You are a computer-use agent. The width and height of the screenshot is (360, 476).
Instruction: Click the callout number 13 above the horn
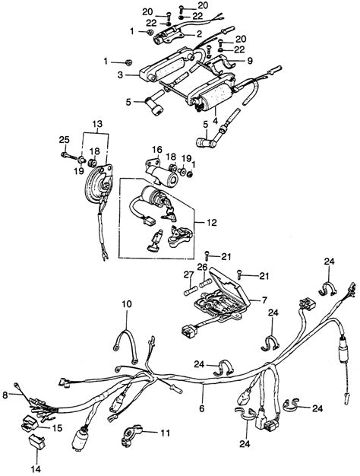(97, 125)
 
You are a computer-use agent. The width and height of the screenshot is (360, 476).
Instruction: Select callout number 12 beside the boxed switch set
(212, 223)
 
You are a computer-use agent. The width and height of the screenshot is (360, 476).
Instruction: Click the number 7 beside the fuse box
(264, 300)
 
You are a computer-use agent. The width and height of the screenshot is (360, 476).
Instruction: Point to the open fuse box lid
(230, 286)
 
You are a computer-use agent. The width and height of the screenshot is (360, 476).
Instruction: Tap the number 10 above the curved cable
(127, 304)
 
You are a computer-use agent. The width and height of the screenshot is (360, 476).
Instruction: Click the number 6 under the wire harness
(202, 408)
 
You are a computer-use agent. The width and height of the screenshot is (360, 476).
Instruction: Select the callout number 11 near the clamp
(165, 433)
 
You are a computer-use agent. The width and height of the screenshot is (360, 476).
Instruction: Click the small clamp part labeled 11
(131, 436)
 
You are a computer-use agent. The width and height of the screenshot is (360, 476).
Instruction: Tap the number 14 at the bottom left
(36, 469)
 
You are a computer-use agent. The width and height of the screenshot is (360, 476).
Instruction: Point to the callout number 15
(57, 428)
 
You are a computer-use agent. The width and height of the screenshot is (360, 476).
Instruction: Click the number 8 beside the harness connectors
(5, 395)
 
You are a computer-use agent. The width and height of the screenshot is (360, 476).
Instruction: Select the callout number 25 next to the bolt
(64, 140)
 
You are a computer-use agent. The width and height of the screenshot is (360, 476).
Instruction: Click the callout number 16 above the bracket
(157, 150)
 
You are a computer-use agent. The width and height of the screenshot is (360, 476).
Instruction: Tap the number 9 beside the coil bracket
(250, 61)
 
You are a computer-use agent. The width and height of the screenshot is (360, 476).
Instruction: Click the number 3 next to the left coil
(121, 75)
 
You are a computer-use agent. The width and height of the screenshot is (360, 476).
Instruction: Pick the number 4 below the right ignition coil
(215, 120)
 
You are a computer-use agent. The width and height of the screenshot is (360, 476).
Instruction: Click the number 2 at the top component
(199, 34)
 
